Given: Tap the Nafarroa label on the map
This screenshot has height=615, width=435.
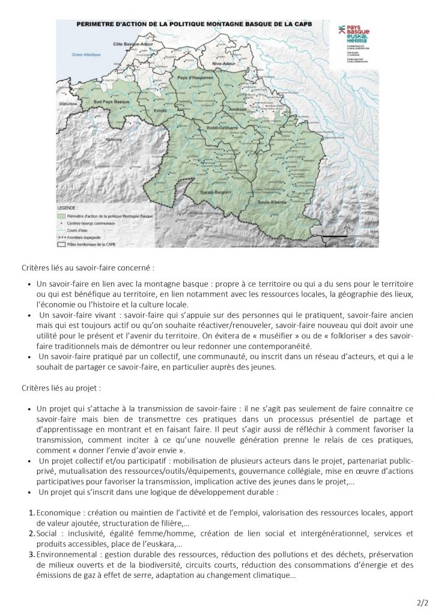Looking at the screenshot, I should click(97, 138).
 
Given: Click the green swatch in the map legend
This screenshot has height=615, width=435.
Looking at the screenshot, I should click(61, 215).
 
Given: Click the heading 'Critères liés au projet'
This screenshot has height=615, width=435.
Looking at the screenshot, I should click(52, 388).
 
